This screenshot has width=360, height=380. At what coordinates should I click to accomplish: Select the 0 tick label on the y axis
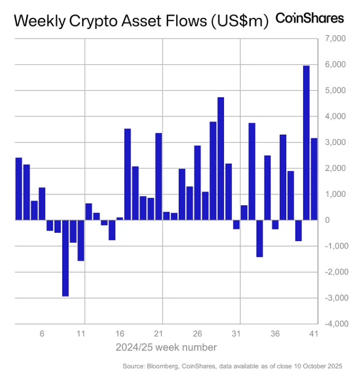(342, 220)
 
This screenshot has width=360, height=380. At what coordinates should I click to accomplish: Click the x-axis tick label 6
(42, 334)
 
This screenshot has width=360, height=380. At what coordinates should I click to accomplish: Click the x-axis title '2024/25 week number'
(166, 347)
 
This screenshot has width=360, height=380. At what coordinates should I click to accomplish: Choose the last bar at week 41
(314, 179)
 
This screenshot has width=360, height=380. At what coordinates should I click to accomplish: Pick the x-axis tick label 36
(275, 334)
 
